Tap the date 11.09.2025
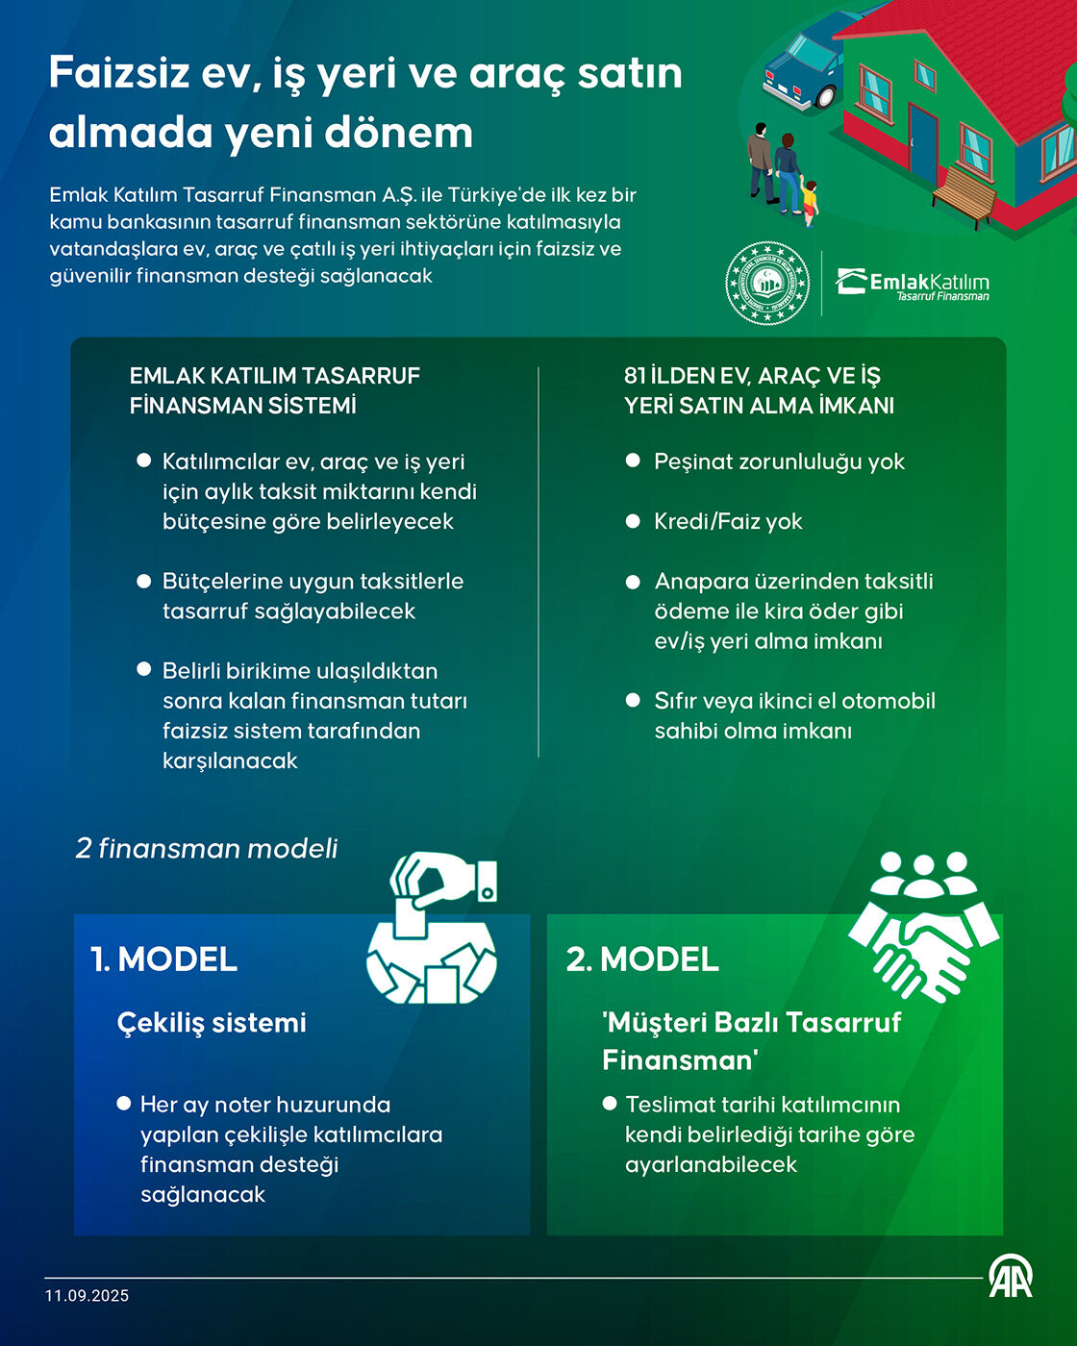coord(87,1295)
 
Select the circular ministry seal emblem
coord(767,283)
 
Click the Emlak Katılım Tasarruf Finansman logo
coord(913,285)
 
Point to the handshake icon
coord(924,926)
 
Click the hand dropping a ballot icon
coord(432,928)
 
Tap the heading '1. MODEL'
coord(164,959)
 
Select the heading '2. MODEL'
coord(642,959)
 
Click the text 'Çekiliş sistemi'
coord(212,1023)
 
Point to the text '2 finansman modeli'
coord(207,849)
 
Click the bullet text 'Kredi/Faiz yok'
coord(728,522)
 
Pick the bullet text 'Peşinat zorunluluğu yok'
coord(779,462)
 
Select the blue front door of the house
coord(922,144)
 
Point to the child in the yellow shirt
coord(809,203)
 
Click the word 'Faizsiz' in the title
coord(119,72)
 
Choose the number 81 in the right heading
coord(635,376)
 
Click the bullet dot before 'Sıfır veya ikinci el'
coord(633,700)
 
